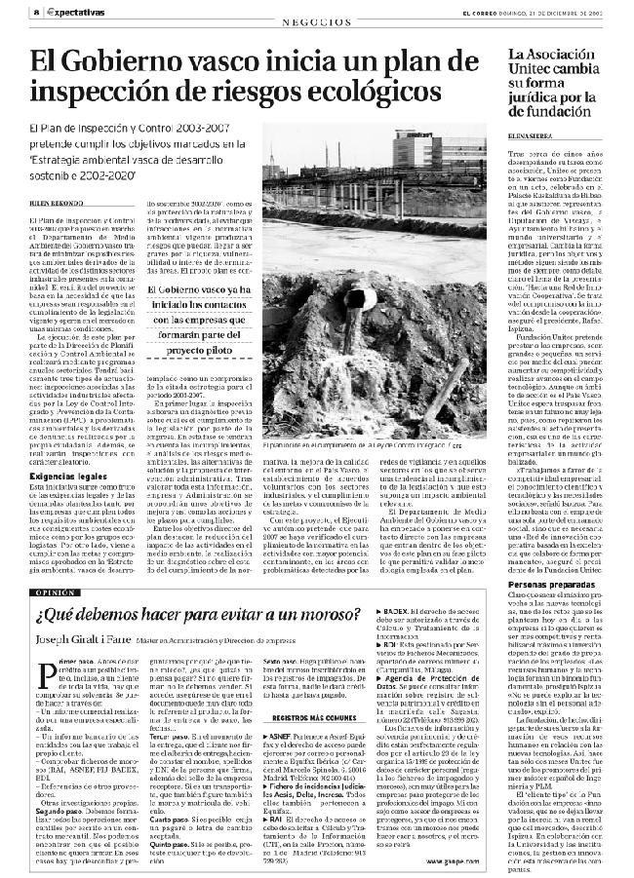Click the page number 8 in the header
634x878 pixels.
click(x=8, y=11)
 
